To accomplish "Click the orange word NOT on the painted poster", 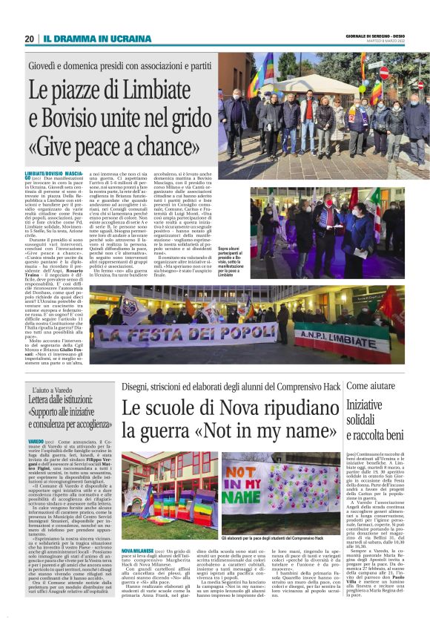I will point(239,474).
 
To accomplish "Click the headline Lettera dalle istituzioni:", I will point(62,401).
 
